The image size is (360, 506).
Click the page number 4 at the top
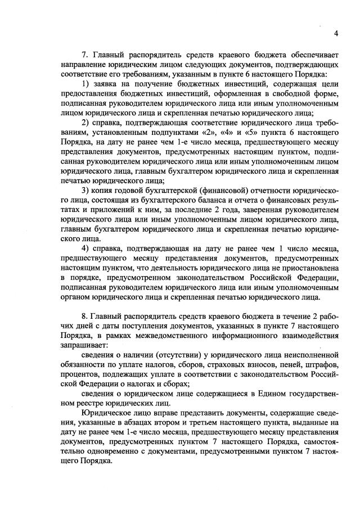click(335, 33)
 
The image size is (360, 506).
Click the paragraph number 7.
click(85, 55)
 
